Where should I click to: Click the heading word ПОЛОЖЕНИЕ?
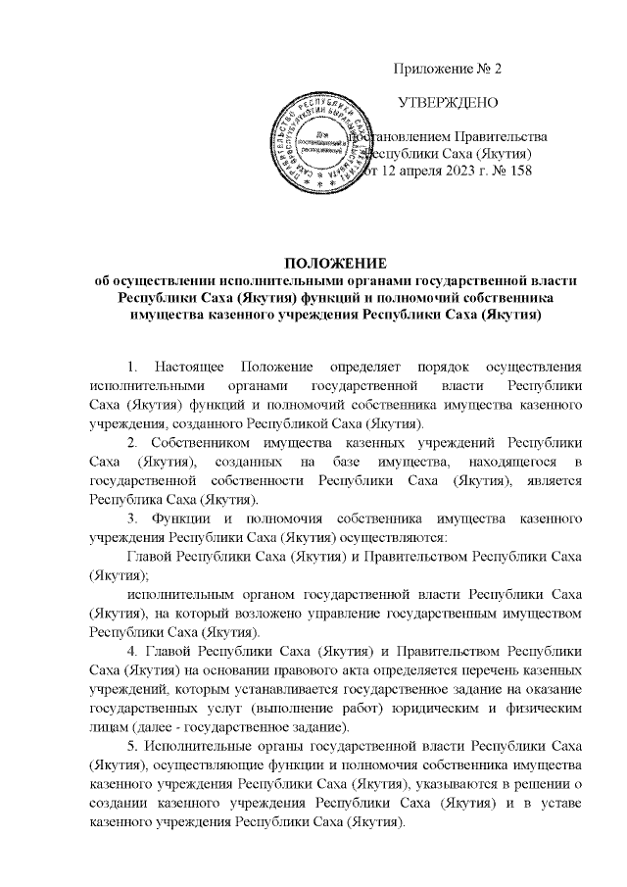click(x=336, y=264)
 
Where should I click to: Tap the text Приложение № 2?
click(x=447, y=69)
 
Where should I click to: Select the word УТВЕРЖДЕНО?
click(x=448, y=103)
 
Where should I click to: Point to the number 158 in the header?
click(x=520, y=172)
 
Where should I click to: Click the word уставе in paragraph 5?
click(x=561, y=808)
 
